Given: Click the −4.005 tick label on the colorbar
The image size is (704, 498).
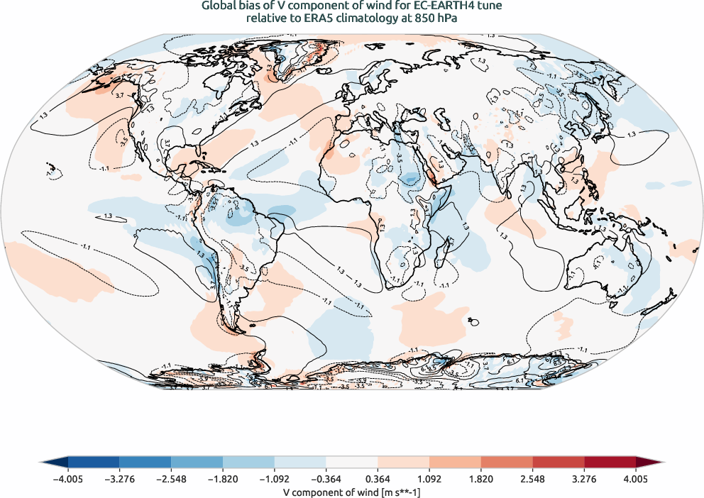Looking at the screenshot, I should coord(68,479).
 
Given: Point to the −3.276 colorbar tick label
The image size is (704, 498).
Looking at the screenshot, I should coord(119,479).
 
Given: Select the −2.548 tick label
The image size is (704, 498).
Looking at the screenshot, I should coord(171,479).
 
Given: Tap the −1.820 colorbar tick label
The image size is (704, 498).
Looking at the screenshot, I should coord(223,479).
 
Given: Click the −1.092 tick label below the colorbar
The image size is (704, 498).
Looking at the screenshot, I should coord(274,479).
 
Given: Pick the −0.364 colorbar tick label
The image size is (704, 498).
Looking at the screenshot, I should coord(326,479).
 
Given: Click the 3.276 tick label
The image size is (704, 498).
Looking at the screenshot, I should coord(584,479).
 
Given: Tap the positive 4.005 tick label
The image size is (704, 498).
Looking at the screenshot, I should coord(636,479).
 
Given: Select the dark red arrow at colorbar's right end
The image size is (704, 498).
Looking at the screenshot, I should coord(649,463).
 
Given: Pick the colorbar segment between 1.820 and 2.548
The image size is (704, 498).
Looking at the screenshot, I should coord(507,463).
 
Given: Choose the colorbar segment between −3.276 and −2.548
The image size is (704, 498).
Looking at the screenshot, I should coord(145,463).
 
